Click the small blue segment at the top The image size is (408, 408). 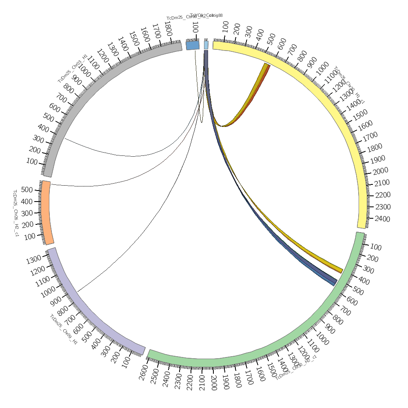click(x=193, y=45)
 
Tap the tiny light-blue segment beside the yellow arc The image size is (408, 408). click(x=206, y=45)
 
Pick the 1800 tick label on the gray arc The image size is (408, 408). click(x=168, y=29)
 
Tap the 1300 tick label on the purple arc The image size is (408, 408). click(x=34, y=259)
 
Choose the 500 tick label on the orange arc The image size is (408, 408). click(x=27, y=190)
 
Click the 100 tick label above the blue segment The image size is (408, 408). click(x=195, y=29)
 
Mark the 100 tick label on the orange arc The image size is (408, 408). click(x=30, y=237)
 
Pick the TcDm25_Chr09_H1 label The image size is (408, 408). click(x=64, y=329)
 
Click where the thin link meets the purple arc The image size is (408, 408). click(x=77, y=292)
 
